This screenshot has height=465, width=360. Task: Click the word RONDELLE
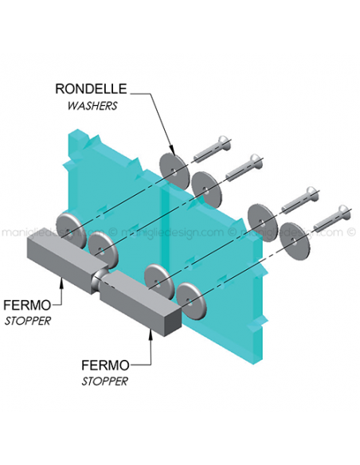click(x=91, y=88)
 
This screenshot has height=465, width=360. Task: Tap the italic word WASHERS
click(x=92, y=106)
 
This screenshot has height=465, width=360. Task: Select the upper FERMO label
click(x=27, y=305)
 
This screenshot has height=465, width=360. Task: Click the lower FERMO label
click(x=105, y=365)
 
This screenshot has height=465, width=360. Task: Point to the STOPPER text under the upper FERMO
click(x=28, y=321)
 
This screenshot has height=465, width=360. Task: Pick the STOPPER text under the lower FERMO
click(x=104, y=381)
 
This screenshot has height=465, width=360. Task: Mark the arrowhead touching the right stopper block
click(x=151, y=334)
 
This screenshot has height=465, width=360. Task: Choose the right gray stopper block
click(x=140, y=303)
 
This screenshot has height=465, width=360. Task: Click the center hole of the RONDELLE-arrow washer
click(x=174, y=172)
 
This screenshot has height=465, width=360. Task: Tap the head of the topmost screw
click(x=225, y=142)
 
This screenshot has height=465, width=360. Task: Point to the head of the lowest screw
click(x=345, y=210)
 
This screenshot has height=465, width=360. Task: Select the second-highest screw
click(x=245, y=167)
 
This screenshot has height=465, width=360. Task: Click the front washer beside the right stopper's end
click(x=191, y=301)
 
